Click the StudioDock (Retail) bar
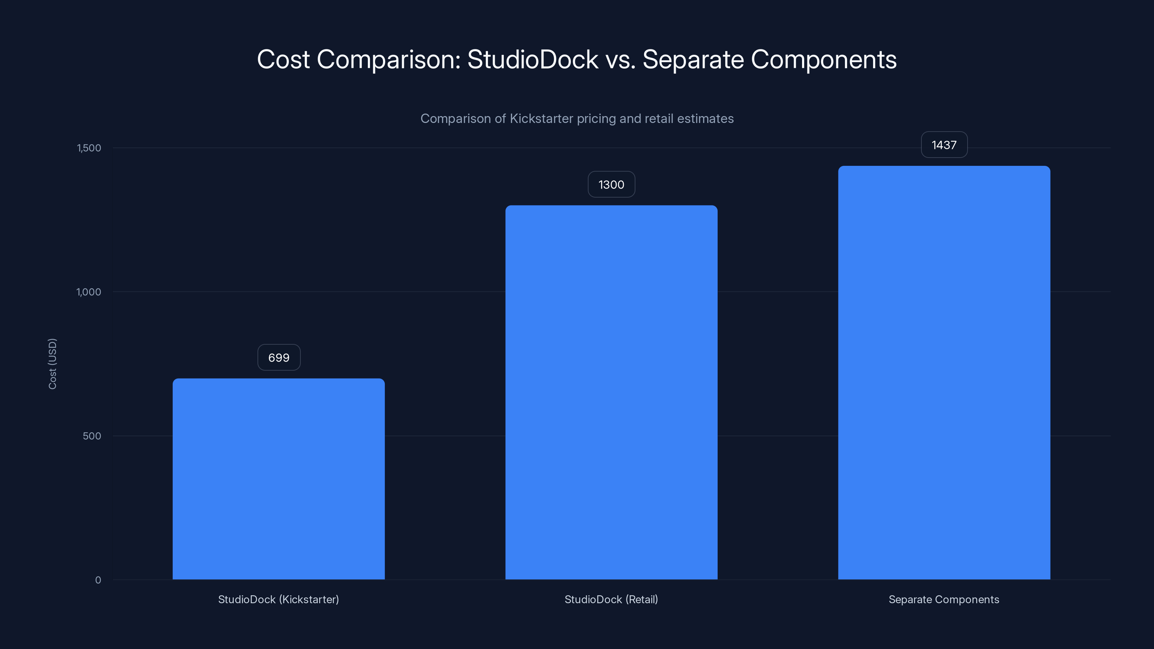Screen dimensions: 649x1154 pyautogui.click(x=611, y=392)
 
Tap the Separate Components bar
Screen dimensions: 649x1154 pyautogui.click(x=944, y=373)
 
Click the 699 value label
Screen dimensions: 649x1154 pyautogui.click(x=279, y=357)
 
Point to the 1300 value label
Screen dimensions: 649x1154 pyautogui.click(x=611, y=185)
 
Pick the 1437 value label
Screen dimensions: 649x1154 pyautogui.click(x=944, y=145)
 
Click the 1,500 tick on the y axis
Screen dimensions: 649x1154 pyautogui.click(x=89, y=148)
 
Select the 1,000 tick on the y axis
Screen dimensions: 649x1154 pyautogui.click(x=89, y=292)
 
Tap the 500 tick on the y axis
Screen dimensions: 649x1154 pyautogui.click(x=92, y=436)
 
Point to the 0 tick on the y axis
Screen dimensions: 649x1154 pyautogui.click(x=98, y=580)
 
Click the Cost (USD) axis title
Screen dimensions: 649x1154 pyautogui.click(x=52, y=364)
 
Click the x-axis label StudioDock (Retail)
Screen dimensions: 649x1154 pyautogui.click(x=611, y=599)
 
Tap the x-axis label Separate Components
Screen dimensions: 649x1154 pyautogui.click(x=944, y=599)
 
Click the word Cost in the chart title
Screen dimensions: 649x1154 pyautogui.click(x=283, y=59)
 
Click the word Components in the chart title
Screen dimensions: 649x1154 pyautogui.click(x=823, y=59)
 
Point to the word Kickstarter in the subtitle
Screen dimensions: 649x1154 pyautogui.click(x=541, y=119)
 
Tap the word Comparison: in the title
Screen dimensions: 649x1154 pyautogui.click(x=388, y=59)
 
